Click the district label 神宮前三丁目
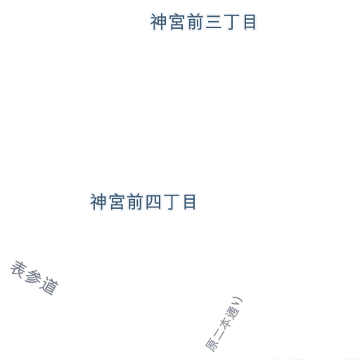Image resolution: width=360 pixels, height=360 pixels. tap(203, 22)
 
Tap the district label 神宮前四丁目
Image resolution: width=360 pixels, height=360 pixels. tap(143, 202)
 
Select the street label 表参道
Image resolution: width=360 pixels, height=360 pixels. tap(34, 278)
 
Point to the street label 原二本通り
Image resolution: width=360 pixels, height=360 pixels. tap(224, 324)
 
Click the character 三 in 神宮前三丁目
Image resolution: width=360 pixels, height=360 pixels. tap(214, 22)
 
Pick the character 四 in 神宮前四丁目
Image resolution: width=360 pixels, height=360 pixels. tap(153, 202)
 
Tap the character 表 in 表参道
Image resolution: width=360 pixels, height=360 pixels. tap(19, 269)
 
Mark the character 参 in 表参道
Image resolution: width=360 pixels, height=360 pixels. tap(33, 278)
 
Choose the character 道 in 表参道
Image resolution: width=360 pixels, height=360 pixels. tap(49, 286)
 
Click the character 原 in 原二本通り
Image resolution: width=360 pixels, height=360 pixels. tap(212, 345)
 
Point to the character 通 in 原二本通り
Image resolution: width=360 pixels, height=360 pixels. tap(232, 312)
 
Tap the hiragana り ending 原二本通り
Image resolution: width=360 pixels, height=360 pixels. tap(238, 302)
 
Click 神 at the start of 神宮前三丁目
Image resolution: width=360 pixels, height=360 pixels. tap(158, 22)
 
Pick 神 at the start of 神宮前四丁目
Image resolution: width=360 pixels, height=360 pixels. tap(98, 202)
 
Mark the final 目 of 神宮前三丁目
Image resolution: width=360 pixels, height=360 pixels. tap(250, 22)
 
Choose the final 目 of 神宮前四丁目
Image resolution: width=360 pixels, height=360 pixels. tap(190, 202)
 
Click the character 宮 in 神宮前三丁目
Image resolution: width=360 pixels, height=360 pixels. tap(177, 22)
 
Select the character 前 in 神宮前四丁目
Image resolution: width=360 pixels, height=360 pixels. tap(135, 202)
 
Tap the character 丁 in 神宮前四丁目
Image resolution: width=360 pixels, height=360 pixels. tap(172, 202)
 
